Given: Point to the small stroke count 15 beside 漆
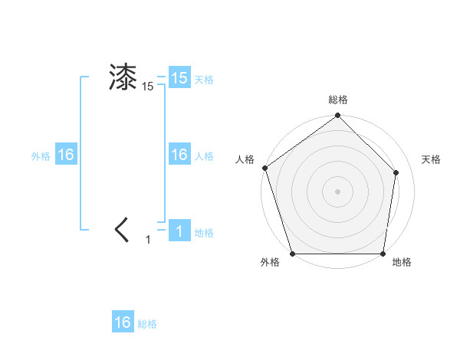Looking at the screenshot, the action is point(148,87).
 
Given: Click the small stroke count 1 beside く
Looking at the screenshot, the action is point(148,240).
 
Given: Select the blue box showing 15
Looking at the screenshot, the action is point(179,78).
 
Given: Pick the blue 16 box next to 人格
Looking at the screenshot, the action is point(179,155).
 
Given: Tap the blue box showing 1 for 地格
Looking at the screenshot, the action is point(179,231).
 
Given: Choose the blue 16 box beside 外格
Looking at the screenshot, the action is point(65,155).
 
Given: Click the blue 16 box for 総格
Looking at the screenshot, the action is point(123,322).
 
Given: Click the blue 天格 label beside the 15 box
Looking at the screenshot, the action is point(204,80).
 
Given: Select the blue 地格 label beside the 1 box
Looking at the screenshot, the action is point(204,233).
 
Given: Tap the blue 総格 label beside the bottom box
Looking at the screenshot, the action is point(147,324).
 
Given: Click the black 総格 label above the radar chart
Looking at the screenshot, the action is point(337,100).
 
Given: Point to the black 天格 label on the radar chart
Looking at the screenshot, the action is point(431,159).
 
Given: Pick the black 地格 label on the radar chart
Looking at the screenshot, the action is point(402,263).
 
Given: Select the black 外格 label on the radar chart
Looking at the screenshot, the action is point(270,263).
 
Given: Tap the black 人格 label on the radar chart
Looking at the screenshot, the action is point(245,159).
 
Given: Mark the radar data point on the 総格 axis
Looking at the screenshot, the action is point(337,116).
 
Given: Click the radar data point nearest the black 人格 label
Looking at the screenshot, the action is point(265,168).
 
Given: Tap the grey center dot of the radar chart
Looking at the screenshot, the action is point(337,191).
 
